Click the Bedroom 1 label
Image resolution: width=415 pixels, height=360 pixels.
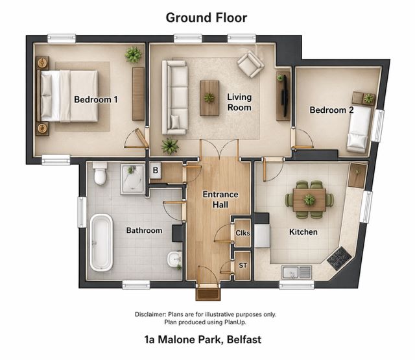[96, 99]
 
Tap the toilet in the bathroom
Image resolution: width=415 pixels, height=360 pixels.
[100, 173]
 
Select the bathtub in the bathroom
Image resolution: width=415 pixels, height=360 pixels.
[101, 243]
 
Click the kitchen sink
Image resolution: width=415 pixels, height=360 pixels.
[296, 272]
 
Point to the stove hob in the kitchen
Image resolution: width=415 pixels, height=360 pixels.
[339, 258]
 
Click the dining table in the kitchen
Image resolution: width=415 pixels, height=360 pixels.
[309, 200]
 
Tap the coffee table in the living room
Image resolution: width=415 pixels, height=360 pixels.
[209, 98]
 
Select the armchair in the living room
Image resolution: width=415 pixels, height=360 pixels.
[250, 64]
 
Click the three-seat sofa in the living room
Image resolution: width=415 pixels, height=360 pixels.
[175, 97]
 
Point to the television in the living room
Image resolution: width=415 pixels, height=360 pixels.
[285, 96]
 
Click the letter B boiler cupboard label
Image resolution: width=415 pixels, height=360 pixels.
[156, 171]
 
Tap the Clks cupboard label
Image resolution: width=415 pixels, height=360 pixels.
[243, 233]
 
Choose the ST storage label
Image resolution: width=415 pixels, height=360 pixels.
[243, 265]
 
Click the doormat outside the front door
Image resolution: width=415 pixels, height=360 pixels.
[208, 294]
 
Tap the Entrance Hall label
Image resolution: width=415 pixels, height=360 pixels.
[220, 199]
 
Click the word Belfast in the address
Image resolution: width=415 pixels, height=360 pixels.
[244, 340]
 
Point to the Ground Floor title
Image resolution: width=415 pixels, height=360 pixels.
[206, 18]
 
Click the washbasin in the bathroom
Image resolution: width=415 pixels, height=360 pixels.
[174, 259]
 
